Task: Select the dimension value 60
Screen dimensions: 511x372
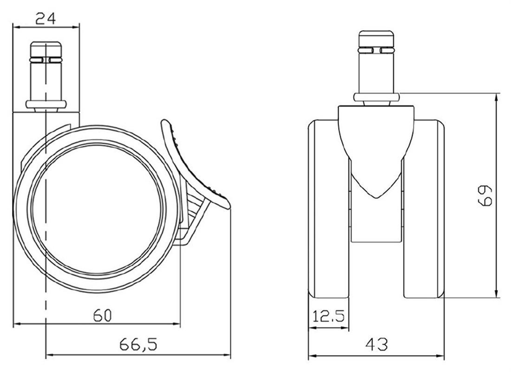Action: [x=102, y=316]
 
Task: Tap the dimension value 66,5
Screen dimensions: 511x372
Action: [x=138, y=345]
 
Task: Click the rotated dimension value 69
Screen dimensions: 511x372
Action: [x=485, y=196]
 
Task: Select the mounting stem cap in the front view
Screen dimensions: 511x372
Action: [x=376, y=40]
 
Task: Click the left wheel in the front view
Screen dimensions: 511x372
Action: [x=328, y=209]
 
